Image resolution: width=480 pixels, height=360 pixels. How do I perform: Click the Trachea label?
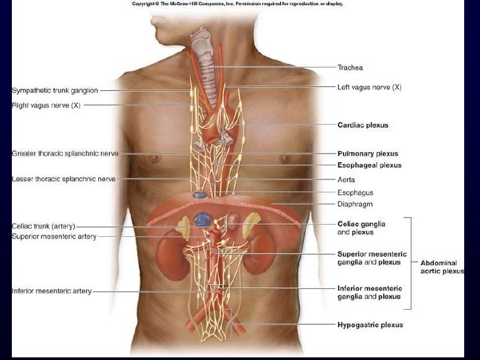pyautogui.click(x=349, y=67)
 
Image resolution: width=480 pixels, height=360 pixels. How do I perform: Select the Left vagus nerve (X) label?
pyautogui.click(x=369, y=87)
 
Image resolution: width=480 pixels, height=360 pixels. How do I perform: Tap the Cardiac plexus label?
pyautogui.click(x=363, y=125)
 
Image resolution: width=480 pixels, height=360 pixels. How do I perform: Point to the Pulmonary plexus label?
pyautogui.click(x=367, y=153)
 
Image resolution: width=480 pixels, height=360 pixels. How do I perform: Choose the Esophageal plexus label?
pyautogui.click(x=369, y=165)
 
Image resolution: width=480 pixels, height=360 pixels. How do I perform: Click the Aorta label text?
pyautogui.click(x=346, y=179)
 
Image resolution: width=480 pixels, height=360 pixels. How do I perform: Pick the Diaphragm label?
pyautogui.click(x=355, y=204)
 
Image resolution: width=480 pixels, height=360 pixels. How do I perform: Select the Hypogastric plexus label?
pyautogui.click(x=370, y=324)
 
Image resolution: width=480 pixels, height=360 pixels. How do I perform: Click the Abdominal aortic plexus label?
pyautogui.click(x=442, y=267)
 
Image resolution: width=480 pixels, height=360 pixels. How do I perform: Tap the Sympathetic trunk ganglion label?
pyautogui.click(x=55, y=90)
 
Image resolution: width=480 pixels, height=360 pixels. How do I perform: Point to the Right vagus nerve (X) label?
pyautogui.click(x=46, y=104)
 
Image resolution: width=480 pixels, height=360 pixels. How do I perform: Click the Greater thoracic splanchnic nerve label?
pyautogui.click(x=65, y=154)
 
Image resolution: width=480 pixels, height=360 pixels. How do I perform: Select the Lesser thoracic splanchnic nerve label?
pyautogui.click(x=64, y=179)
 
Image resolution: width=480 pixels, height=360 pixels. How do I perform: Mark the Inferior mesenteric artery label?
pyautogui.click(x=52, y=291)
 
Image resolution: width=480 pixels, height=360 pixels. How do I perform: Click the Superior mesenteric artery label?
pyautogui.click(x=54, y=237)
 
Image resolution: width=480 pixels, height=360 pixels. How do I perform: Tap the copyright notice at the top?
pyautogui.click(x=237, y=3)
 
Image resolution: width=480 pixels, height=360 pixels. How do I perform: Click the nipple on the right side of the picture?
pyautogui.click(x=285, y=159)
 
